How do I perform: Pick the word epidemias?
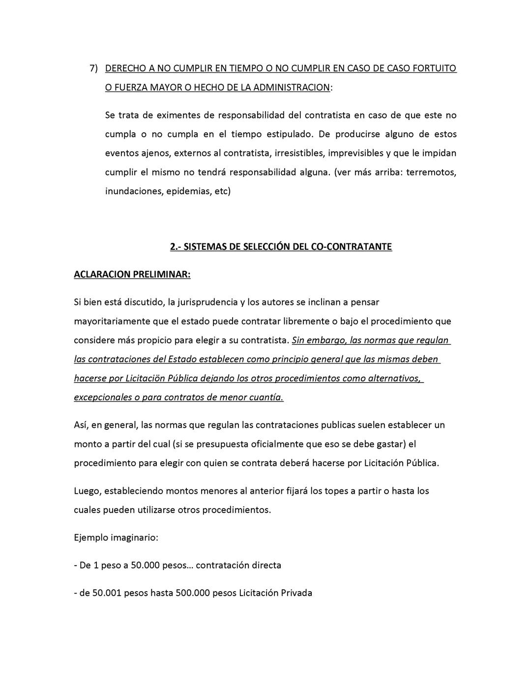click(x=188, y=191)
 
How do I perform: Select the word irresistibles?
click(x=298, y=153)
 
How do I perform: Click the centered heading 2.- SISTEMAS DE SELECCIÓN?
click(x=281, y=247)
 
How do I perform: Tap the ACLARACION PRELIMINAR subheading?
click(x=132, y=274)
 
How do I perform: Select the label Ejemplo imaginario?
click(x=116, y=538)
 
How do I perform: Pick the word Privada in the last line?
click(x=296, y=593)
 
